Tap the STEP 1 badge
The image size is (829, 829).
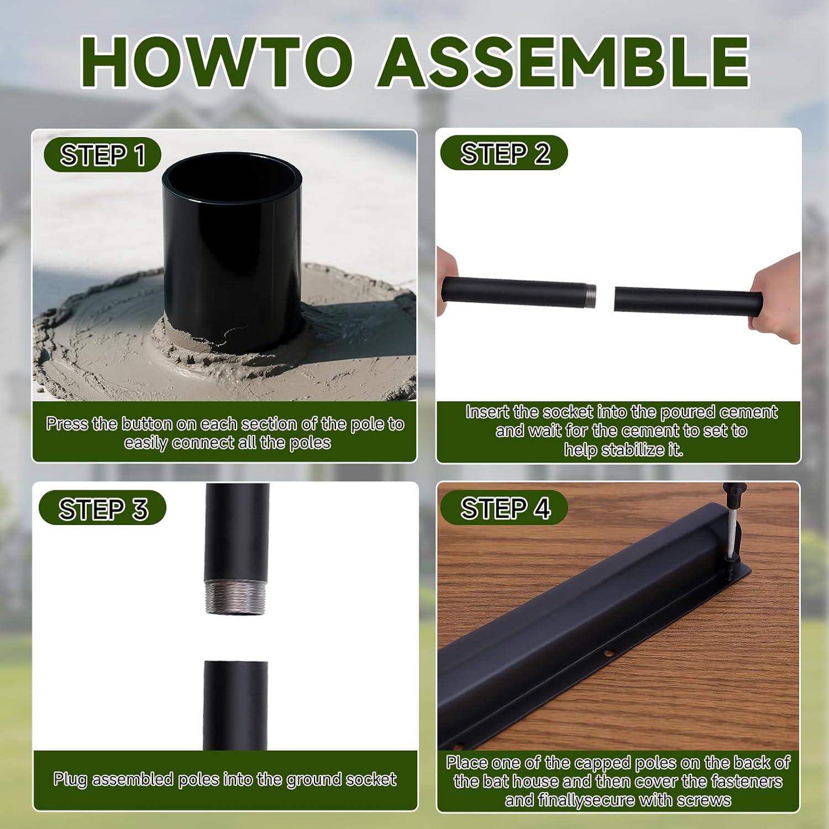coord(103,155)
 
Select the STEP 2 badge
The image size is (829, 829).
coord(505,153)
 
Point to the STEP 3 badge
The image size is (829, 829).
coord(103,508)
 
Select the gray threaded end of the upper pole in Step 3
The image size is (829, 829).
coord(237,597)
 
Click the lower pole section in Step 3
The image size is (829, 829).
coord(235,705)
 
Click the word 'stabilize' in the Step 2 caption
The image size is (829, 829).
coord(634,450)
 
